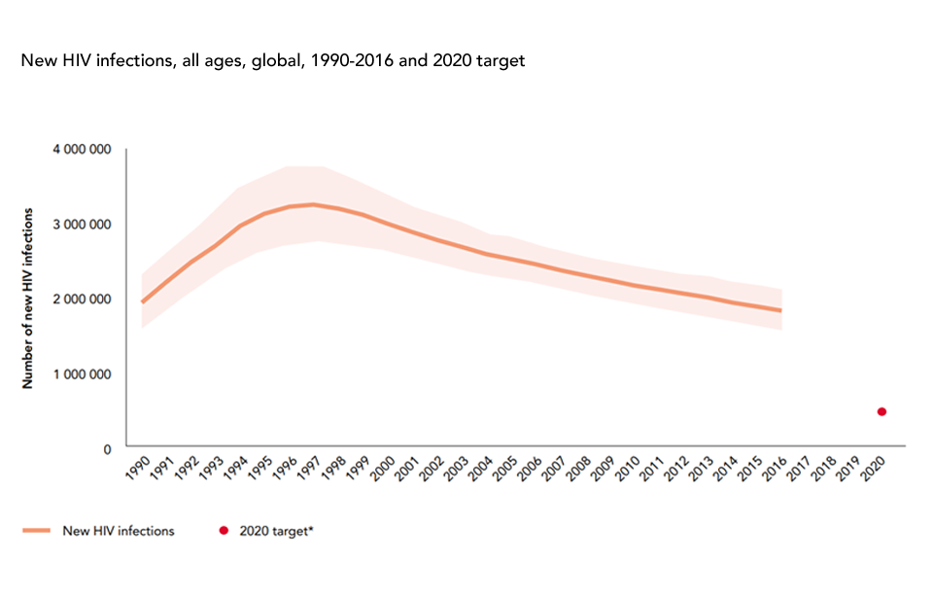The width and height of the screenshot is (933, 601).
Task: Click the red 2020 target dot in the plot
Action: (881, 411)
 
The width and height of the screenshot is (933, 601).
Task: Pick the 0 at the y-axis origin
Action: (110, 449)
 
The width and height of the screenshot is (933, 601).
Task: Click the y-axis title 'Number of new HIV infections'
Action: (29, 298)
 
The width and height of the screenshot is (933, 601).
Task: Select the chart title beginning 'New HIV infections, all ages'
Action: (273, 60)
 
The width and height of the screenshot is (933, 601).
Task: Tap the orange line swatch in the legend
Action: (36, 531)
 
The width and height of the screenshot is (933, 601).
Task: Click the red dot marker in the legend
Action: (225, 531)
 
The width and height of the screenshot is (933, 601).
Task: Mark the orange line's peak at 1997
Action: (313, 204)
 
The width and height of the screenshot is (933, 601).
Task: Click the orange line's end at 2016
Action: (780, 310)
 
